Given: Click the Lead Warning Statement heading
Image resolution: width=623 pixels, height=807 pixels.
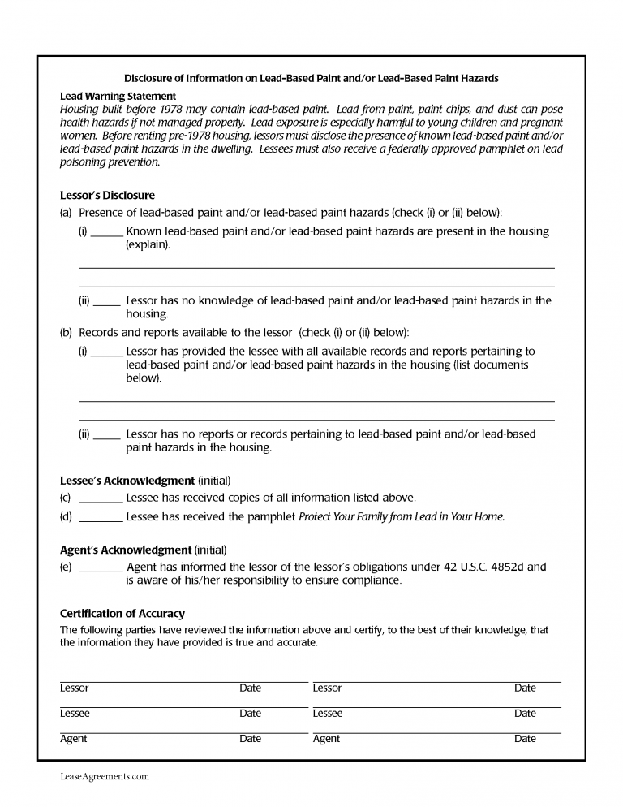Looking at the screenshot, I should (118, 96).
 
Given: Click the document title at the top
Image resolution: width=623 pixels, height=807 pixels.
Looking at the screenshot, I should (311, 79).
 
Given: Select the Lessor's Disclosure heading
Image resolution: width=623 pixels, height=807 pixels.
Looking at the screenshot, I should (107, 196).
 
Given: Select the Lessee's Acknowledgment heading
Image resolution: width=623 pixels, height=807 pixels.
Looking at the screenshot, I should (127, 481).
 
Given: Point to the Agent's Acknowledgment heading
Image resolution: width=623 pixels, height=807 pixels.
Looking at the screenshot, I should (126, 550).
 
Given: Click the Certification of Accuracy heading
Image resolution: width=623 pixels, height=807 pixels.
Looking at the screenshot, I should (122, 613).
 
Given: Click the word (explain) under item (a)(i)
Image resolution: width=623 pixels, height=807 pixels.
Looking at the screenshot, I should (148, 244).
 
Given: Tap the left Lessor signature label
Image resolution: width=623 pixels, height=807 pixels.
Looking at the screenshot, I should (75, 688).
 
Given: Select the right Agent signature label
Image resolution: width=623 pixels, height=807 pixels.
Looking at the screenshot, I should (326, 739).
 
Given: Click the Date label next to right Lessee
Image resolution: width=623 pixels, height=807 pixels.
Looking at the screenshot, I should (525, 714).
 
